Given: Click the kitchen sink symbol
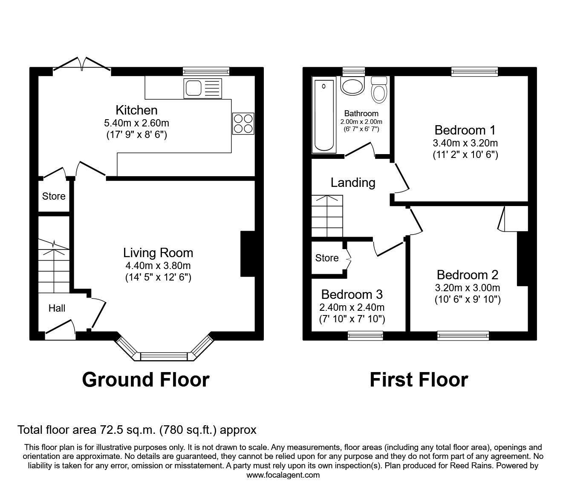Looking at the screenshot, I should (x=203, y=88).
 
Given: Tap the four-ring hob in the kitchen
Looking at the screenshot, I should (x=243, y=123).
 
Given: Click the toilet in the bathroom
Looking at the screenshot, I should (x=378, y=90).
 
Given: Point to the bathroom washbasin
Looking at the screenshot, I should (x=352, y=86).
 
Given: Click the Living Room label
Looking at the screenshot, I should (x=158, y=253).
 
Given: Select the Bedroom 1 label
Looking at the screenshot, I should (x=465, y=130).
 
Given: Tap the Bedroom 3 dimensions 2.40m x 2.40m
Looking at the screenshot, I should (x=352, y=307).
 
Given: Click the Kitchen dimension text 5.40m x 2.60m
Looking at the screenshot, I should (x=136, y=123).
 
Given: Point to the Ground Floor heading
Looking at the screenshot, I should (x=146, y=379).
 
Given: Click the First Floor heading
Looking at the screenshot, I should (x=419, y=379).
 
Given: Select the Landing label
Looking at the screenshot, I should (x=353, y=183).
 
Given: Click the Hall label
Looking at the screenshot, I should (x=57, y=308).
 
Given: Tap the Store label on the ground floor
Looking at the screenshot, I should (x=54, y=196).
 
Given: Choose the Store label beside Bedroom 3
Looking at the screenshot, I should (x=327, y=258).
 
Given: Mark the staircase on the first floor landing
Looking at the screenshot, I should (x=327, y=216).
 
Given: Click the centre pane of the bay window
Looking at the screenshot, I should (x=164, y=356).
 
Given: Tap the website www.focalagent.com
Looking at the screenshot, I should (x=283, y=475).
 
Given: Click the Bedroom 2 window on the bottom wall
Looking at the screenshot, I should (x=463, y=336).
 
